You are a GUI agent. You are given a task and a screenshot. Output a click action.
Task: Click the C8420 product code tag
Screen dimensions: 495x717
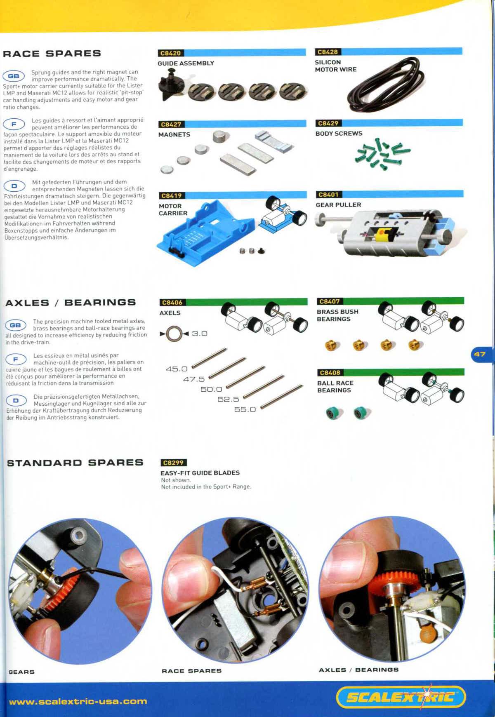click(170, 53)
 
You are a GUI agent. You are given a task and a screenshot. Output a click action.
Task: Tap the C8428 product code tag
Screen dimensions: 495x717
click(328, 52)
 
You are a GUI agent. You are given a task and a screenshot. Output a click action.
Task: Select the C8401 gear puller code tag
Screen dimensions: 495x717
click(329, 195)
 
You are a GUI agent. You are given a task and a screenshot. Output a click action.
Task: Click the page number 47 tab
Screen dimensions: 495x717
click(481, 354)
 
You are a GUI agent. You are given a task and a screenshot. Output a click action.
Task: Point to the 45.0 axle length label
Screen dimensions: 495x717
click(177, 369)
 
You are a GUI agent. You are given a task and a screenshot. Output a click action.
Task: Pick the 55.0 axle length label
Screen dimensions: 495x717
click(245, 409)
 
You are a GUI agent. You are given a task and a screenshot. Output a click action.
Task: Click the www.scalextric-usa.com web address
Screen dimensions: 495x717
click(78, 701)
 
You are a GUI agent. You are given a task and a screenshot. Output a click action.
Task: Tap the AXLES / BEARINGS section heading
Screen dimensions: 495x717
click(71, 303)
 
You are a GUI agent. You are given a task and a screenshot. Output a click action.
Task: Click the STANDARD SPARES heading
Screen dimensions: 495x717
click(75, 463)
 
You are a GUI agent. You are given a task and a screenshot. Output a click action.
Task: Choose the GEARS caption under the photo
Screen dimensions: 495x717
click(21, 672)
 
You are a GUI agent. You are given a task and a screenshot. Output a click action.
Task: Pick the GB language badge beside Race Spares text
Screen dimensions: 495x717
click(14, 76)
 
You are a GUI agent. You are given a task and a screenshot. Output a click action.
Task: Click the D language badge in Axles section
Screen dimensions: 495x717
click(16, 400)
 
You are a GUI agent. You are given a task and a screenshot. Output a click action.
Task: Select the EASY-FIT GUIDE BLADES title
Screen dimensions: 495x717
click(200, 473)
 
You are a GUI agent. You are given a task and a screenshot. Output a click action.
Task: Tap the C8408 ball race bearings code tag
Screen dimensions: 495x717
click(330, 373)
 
